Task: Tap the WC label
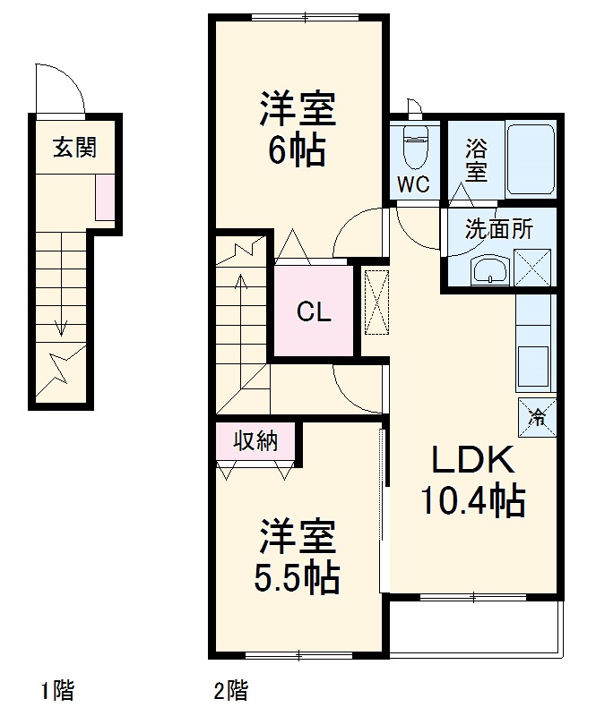(x=413, y=184)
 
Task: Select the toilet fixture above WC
(x=414, y=147)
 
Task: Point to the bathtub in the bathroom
(x=530, y=159)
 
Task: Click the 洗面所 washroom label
(x=498, y=228)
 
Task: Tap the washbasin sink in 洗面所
(x=489, y=268)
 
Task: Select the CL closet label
(x=314, y=312)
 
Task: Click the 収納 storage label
(x=256, y=440)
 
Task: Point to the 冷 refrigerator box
(x=538, y=416)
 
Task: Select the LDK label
(x=473, y=461)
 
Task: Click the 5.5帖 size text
(x=297, y=577)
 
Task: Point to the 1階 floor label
(x=57, y=690)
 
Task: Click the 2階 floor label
(x=231, y=690)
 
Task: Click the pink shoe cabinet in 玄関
(x=106, y=199)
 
